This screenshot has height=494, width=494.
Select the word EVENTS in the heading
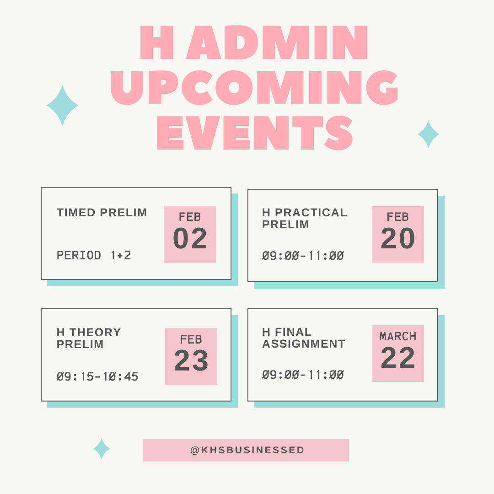coord(254,133)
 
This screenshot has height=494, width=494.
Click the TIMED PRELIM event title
coord(102,213)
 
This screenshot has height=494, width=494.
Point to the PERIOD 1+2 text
coord(94,255)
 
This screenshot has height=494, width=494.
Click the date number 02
coord(190,239)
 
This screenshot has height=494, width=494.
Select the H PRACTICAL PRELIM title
coord(304,219)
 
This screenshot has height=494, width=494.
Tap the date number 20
coord(397,239)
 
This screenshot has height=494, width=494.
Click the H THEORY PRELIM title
coord(89,338)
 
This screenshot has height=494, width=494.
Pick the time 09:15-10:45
coord(97,377)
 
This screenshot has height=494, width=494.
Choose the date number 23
coord(191,361)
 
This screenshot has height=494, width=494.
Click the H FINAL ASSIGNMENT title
coord(303,338)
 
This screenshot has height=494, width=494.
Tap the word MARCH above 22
coord(398,337)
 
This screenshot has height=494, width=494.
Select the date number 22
coord(397,358)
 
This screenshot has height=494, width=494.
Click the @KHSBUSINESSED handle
coord(247,450)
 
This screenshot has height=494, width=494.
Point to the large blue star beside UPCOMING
coord(62,106)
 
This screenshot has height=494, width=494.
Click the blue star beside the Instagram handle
coord(102,449)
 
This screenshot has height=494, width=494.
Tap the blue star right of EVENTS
coord(429,134)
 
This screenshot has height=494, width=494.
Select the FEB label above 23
coord(191,340)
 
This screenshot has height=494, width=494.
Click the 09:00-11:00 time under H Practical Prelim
coord(303,256)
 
